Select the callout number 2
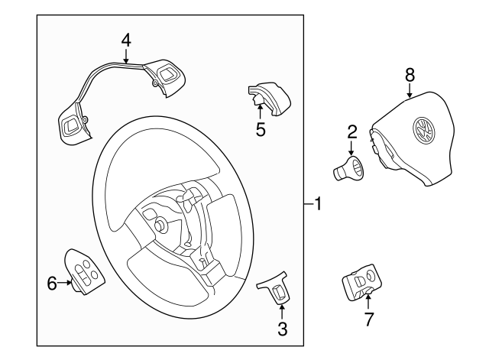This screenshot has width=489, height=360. pos(351,131)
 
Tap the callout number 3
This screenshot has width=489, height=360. pos(282,329)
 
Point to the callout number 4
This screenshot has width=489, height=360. pos(126,39)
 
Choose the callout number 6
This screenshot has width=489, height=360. pos(52,284)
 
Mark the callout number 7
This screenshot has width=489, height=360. pos(369,319)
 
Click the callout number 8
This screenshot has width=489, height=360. pos(410,74)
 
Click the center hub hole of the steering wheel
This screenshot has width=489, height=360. pos(160,225)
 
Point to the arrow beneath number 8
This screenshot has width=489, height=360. pos(410,91)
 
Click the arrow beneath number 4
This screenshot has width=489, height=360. pos(126,54)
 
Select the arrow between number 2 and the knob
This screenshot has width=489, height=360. pos(351,149)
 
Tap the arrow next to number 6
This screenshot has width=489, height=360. pos(66,284)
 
